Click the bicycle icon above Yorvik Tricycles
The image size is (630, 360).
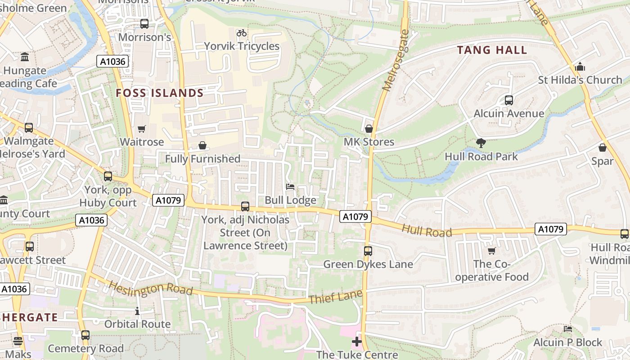(x=242, y=33)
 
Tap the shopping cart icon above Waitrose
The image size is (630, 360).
(x=142, y=129)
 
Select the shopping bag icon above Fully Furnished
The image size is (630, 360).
(x=202, y=145)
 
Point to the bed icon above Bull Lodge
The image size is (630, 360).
(x=290, y=187)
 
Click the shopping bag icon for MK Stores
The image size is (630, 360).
(x=369, y=129)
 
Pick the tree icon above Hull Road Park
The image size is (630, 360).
(x=481, y=143)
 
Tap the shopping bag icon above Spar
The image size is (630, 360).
(x=603, y=148)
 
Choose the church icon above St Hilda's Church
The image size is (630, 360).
(x=580, y=67)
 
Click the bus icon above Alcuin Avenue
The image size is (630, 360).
(x=509, y=100)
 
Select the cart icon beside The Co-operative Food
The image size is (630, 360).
(x=491, y=251)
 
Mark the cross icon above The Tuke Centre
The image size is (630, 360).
(x=357, y=342)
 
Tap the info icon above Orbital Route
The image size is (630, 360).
(x=137, y=311)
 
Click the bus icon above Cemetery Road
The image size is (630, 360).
(x=85, y=335)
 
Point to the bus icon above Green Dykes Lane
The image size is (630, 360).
(x=368, y=251)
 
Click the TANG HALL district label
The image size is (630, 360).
(x=492, y=50)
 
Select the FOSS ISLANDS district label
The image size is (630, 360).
(x=160, y=93)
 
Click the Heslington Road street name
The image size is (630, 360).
(x=151, y=288)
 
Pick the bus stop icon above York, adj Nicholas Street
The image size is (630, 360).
(x=245, y=207)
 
